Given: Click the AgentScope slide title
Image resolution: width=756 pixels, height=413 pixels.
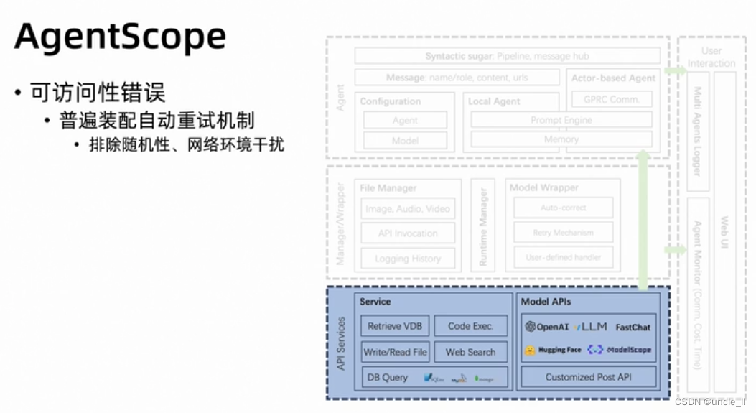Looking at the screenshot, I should [120, 37].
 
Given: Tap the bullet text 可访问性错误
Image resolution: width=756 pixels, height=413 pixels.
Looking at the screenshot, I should [98, 93].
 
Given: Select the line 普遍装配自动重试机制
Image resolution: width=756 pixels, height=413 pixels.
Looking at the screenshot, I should [158, 120].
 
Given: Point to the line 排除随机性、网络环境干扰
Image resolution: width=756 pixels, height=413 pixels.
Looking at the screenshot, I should [187, 144].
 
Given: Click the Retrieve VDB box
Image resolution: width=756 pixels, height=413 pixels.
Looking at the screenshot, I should [395, 326].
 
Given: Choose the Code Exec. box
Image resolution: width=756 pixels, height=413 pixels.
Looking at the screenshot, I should [471, 326].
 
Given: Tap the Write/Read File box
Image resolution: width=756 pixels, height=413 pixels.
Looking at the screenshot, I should [395, 352].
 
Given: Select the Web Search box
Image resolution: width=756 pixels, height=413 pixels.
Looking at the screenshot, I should [471, 352].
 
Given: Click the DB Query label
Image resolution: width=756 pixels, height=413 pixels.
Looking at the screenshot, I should [388, 377].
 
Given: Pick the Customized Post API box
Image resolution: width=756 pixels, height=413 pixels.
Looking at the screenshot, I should [589, 377].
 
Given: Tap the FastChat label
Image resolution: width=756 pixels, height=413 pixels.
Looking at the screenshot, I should [633, 327].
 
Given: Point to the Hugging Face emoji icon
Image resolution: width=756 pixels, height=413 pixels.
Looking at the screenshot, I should [530, 351].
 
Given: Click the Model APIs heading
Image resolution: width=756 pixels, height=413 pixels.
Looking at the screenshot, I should [546, 302].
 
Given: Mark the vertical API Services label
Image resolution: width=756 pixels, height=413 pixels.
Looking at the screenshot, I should [341, 343].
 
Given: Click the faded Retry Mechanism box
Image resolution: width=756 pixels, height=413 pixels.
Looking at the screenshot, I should [563, 233].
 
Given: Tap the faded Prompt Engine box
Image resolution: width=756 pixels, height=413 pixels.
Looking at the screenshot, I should [561, 120].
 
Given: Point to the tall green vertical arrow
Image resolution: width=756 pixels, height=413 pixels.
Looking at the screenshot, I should [643, 219].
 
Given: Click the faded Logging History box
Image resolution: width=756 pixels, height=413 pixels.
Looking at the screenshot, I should [408, 259].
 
